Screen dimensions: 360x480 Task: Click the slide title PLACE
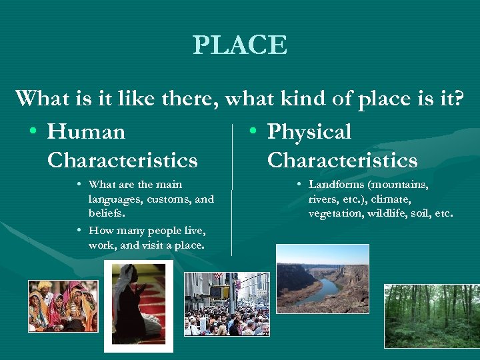click(x=240, y=45)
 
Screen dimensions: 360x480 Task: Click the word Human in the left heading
click(x=86, y=132)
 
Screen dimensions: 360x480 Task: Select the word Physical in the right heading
click(x=309, y=132)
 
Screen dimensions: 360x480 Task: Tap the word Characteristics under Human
click(x=123, y=161)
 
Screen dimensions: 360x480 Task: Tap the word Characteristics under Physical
click(x=342, y=161)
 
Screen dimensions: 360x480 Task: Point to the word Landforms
click(x=336, y=185)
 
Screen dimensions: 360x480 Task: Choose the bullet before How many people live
click(x=79, y=231)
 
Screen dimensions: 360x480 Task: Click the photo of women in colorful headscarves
click(x=63, y=306)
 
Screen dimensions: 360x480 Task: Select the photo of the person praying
click(x=139, y=306)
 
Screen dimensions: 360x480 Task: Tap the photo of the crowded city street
click(x=226, y=303)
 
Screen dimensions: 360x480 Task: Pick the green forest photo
click(x=430, y=315)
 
